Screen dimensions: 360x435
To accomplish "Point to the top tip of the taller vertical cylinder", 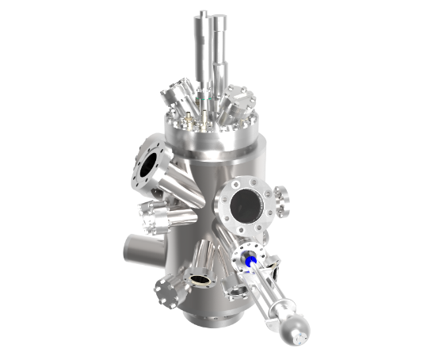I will point(204,13).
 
